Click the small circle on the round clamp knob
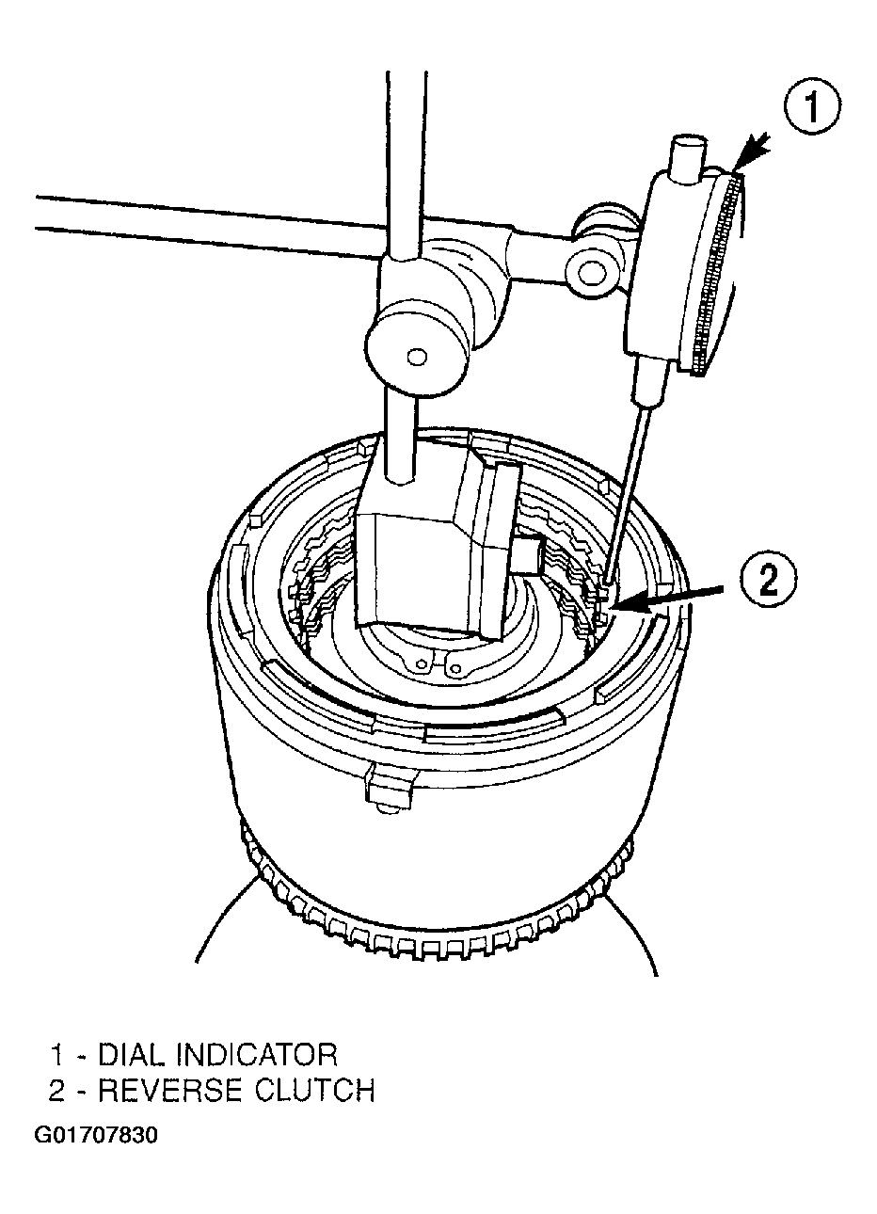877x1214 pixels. pos(416,357)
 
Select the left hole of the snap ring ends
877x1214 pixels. pos(419,663)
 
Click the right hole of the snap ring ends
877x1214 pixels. pos(456,669)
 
